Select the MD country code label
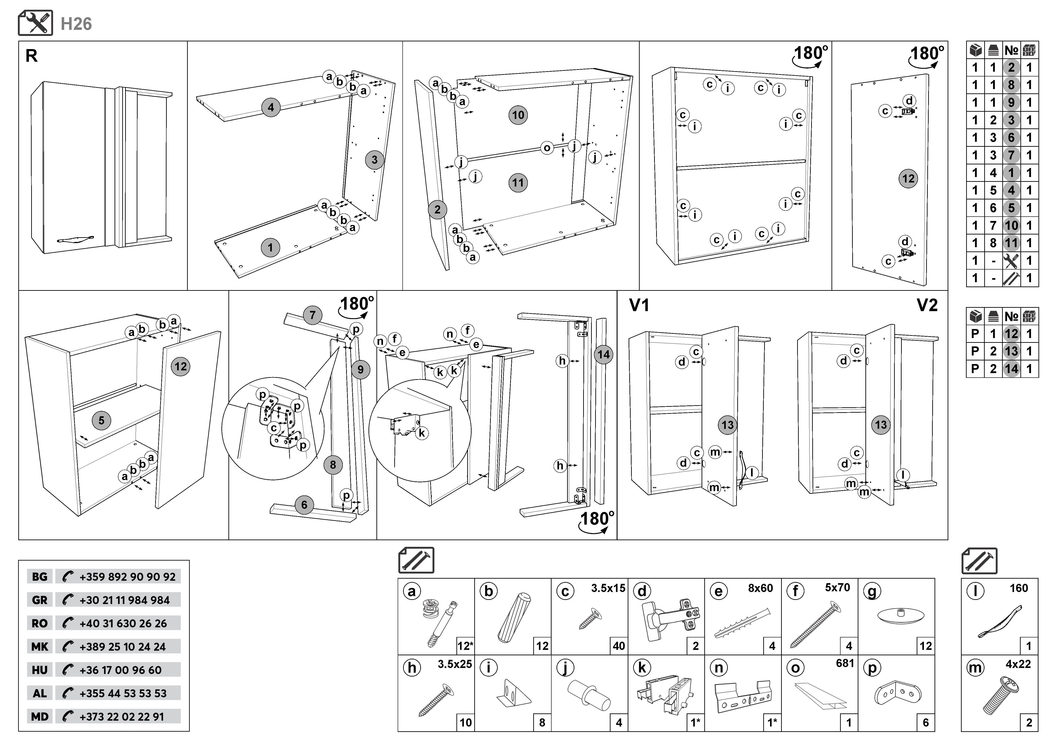[x=40, y=717]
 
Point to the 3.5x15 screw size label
[x=608, y=588]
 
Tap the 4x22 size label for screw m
[x=1018, y=664]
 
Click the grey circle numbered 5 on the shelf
[x=101, y=420]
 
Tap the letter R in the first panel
[x=31, y=56]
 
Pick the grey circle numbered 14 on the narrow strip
[x=603, y=355]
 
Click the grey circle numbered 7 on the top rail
[x=312, y=315]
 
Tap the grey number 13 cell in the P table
[x=1011, y=351]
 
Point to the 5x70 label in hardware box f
[x=837, y=588]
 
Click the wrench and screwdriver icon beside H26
[x=35, y=23]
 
